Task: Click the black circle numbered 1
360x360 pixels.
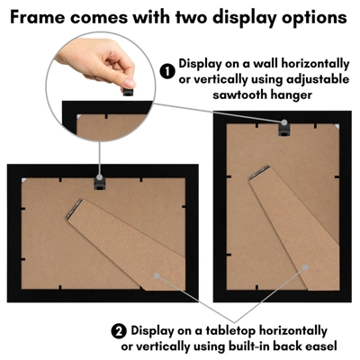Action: [x=167, y=72]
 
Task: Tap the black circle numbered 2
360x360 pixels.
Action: [x=120, y=331]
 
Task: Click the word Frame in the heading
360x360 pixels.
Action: [x=38, y=17]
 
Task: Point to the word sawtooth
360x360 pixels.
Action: [x=239, y=94]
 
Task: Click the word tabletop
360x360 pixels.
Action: [x=230, y=331]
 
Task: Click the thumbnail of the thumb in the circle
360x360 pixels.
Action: [x=130, y=83]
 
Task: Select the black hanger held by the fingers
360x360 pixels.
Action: [x=128, y=92]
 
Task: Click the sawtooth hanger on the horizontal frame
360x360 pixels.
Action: [x=100, y=184]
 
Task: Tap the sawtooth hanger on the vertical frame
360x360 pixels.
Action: [x=283, y=129]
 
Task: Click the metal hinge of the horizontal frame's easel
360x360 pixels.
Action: [x=74, y=209]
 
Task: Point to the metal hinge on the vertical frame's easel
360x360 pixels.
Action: [x=259, y=173]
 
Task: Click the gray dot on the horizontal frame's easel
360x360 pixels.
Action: [x=157, y=275]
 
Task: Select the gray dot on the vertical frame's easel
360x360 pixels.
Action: [x=305, y=267]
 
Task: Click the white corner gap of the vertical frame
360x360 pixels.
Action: [x=337, y=125]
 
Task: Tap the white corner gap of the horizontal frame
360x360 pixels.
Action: [x=24, y=180]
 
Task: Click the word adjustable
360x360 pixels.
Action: [x=318, y=80]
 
